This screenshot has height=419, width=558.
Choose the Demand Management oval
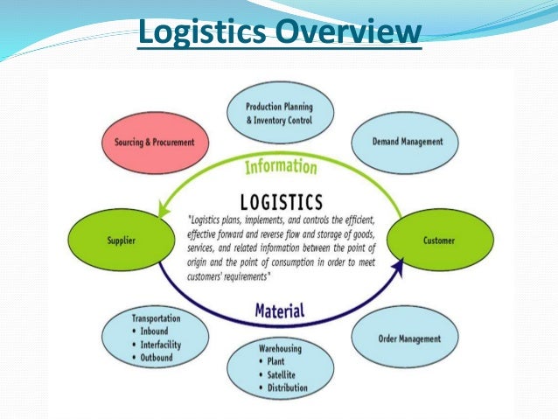401,141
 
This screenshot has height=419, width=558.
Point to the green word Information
280,166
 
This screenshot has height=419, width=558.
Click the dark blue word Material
280,310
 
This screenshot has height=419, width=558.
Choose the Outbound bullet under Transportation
156,358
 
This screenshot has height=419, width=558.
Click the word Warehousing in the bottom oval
279,349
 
